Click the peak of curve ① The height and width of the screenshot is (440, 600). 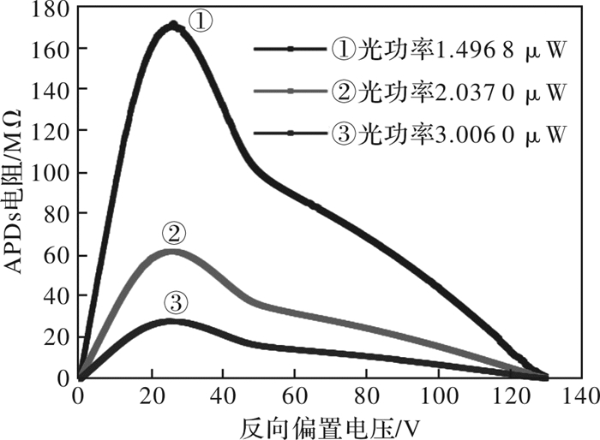point(173,25)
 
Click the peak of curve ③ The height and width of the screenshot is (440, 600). point(173,321)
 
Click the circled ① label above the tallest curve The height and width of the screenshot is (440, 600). point(199,20)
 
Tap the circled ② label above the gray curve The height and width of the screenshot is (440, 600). point(173,233)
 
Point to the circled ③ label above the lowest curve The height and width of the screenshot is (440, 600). point(175,302)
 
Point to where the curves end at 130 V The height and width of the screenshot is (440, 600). point(546,376)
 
